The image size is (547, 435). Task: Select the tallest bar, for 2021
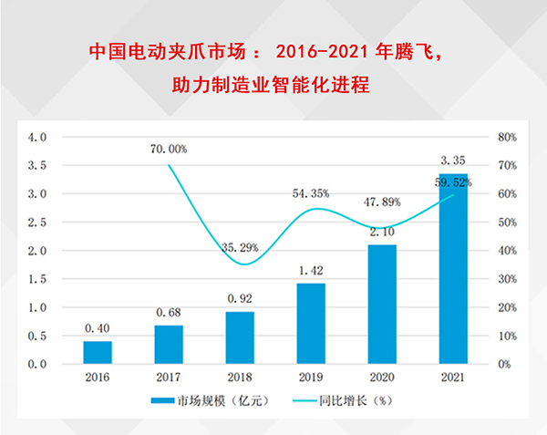pyautogui.click(x=453, y=269)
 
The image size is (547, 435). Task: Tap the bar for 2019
pyautogui.click(x=311, y=324)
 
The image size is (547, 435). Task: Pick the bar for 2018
pyautogui.click(x=240, y=338)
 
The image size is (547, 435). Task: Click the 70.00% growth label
pyautogui.click(x=168, y=149)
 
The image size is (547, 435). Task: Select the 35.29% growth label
pyautogui.click(x=239, y=246)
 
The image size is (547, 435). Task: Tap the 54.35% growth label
pyautogui.click(x=311, y=194)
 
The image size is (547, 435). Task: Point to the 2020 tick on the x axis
pyautogui.click(x=382, y=377)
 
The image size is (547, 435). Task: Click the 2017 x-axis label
pyautogui.click(x=169, y=377)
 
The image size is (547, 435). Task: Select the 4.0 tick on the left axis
pyautogui.click(x=37, y=138)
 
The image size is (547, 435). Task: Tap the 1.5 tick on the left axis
pyautogui.click(x=37, y=280)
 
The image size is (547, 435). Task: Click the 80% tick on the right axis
pyautogui.click(x=508, y=138)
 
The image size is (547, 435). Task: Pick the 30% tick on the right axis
pyautogui.click(x=508, y=280)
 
